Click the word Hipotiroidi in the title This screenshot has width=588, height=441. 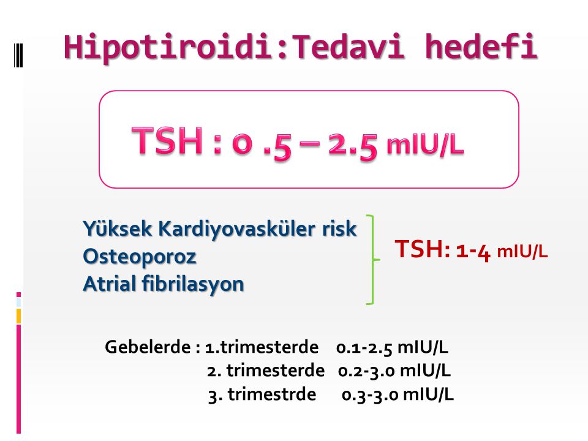tap(168, 48)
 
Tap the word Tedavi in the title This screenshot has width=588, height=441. tap(348, 47)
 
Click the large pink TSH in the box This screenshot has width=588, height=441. tap(167, 141)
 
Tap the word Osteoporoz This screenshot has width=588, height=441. tap(140, 257)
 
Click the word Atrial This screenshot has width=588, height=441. tap(109, 284)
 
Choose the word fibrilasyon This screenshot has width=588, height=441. tap(193, 284)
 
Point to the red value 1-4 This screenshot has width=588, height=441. tap(473, 251)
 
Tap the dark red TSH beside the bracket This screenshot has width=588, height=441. tap(422, 249)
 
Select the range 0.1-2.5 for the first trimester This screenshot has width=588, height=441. tap(364, 348)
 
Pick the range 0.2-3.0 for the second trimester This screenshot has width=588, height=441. tap(366, 371)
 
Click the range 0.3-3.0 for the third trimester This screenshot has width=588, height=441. tap(370, 395)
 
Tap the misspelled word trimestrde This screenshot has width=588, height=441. tap(272, 394)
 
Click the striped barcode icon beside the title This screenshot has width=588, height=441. tap(18, 55)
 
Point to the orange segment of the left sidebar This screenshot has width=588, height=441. tap(18, 316)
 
